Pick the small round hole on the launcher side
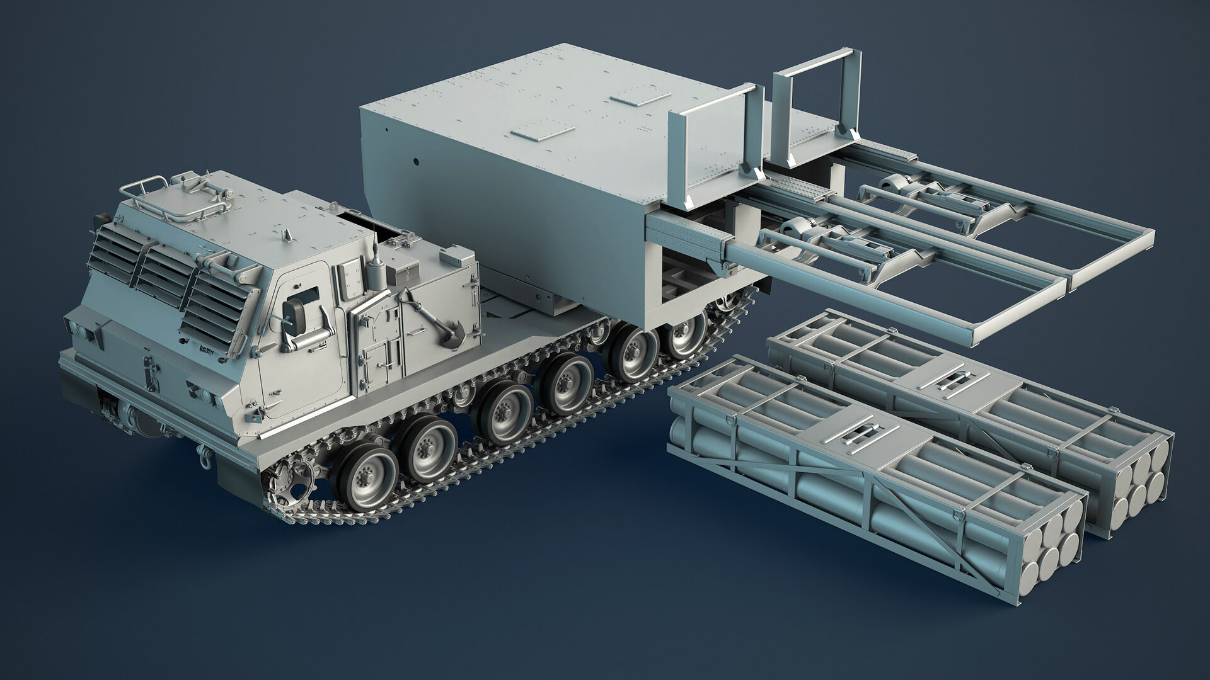(x=416, y=161)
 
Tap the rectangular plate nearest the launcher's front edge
(x=542, y=133)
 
